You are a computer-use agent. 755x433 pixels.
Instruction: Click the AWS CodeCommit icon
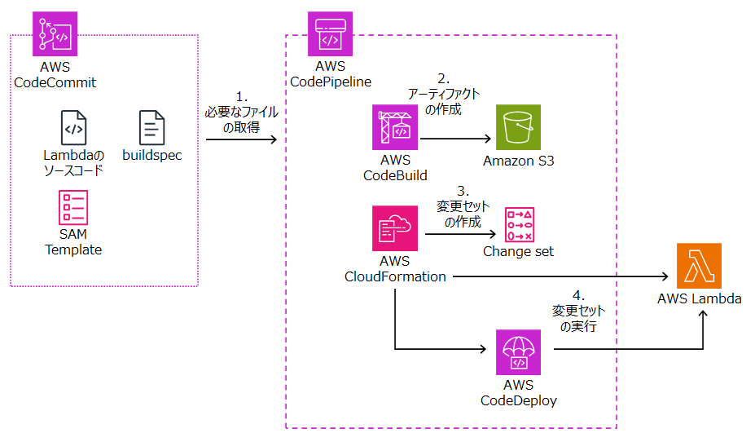(55, 33)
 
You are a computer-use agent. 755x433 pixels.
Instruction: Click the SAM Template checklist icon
(73, 207)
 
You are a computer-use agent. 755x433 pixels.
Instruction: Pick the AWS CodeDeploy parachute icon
(518, 351)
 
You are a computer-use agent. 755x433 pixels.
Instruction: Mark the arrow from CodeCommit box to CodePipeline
(241, 139)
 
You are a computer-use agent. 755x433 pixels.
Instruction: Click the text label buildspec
(151, 155)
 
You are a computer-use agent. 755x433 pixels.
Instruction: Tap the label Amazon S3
(518, 161)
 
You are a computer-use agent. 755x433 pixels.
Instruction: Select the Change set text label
(518, 251)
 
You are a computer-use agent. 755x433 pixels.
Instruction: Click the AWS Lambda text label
(699, 298)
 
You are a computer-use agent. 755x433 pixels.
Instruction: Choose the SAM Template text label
(73, 242)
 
